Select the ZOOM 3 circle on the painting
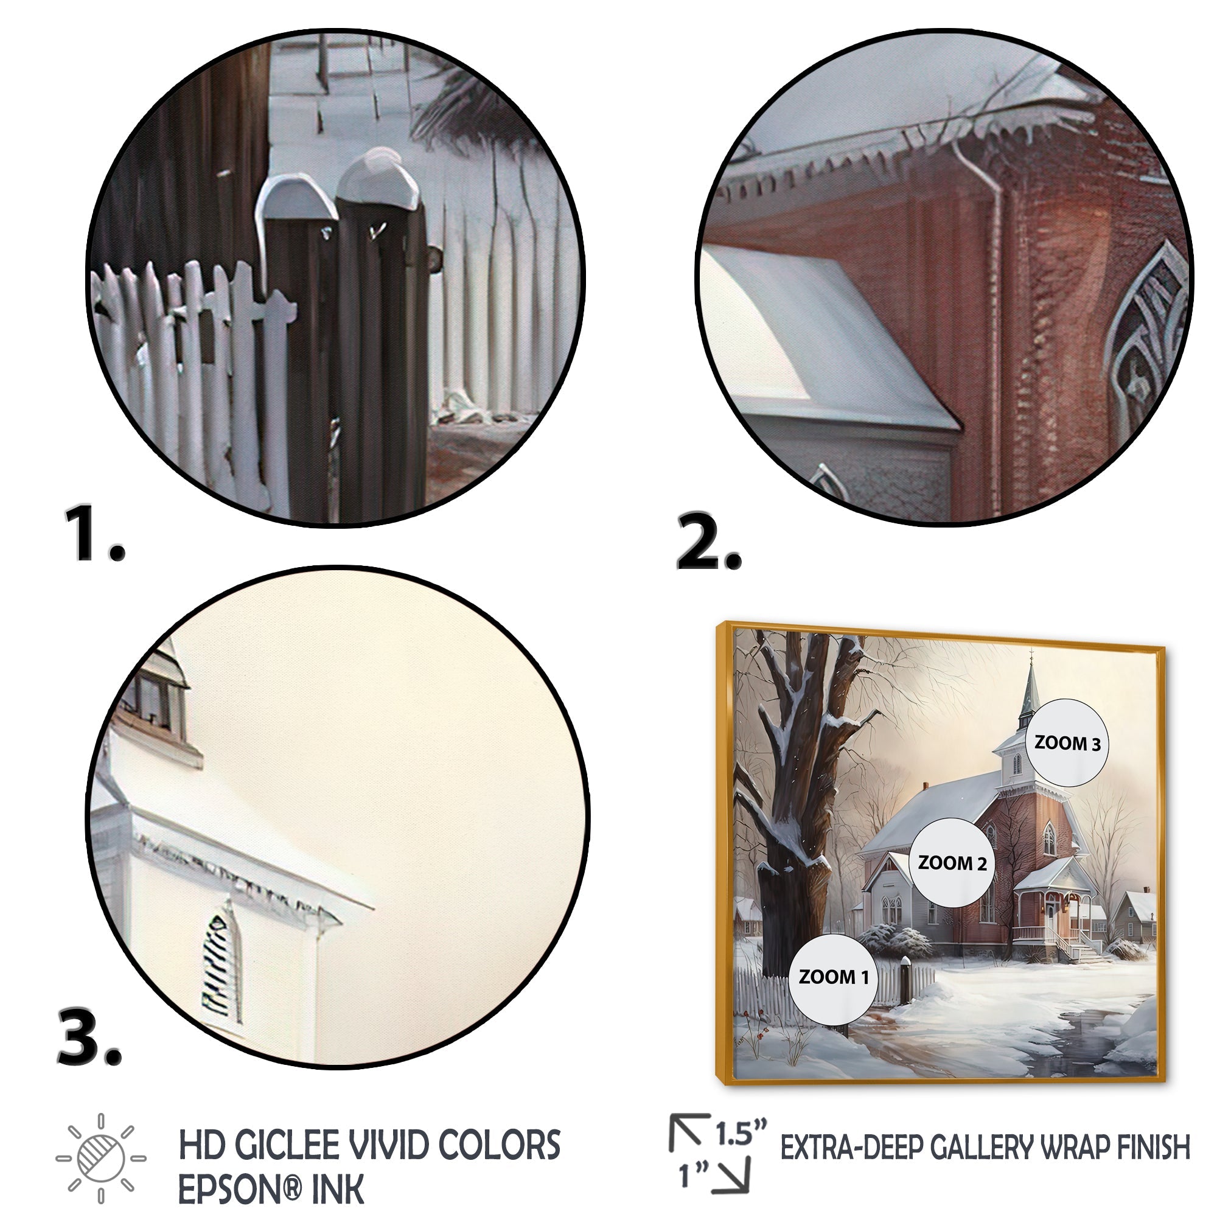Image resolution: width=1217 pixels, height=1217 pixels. click(x=1067, y=744)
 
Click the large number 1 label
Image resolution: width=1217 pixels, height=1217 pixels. click(x=94, y=532)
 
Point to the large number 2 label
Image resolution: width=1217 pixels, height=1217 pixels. click(x=709, y=542)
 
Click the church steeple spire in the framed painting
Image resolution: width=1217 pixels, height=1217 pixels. click(x=1032, y=686)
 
